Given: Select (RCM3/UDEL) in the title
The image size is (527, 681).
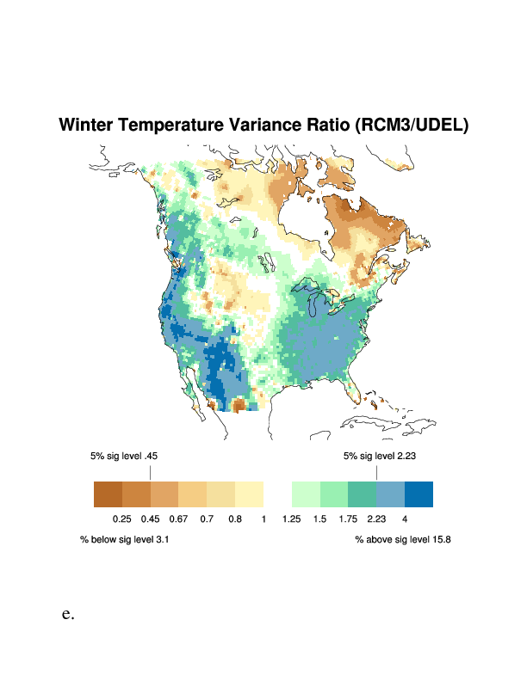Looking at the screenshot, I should point(412,125).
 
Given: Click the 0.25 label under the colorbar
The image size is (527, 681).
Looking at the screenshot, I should point(121,519).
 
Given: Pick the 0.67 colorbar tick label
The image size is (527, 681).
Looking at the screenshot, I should point(178,519).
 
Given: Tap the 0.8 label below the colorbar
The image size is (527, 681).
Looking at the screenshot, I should point(235,519).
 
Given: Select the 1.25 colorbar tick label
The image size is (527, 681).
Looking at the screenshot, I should point(291,519).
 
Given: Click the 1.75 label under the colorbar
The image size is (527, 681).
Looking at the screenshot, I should point(348,519).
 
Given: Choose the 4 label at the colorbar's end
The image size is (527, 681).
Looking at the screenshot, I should point(404,519).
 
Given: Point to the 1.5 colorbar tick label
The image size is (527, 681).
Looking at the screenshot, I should point(319,519).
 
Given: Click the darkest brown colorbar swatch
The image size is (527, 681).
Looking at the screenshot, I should point(108,494).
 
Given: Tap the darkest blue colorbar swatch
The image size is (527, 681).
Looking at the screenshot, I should point(418,494).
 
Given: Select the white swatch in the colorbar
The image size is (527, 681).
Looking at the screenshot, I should point(277,494).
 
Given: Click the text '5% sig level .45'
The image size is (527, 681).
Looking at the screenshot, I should point(124,456).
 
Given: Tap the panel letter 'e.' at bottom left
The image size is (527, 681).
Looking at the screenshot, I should point(68,614).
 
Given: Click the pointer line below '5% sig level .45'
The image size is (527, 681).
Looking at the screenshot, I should point(150,473).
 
